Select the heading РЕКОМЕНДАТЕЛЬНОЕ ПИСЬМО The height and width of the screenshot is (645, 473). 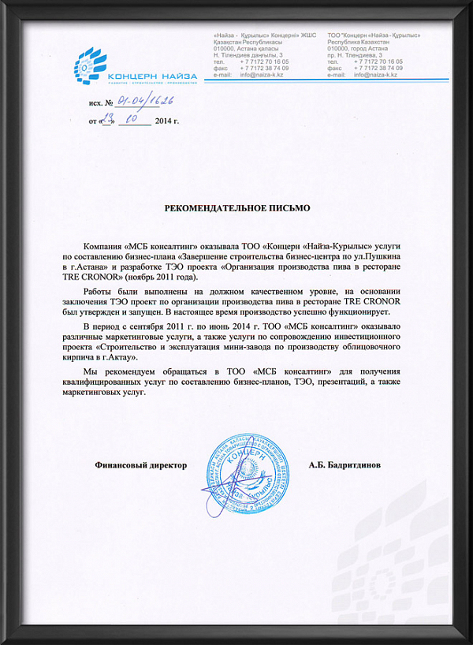pyautogui.click(x=236, y=208)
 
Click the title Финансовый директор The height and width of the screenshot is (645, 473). pyautogui.click(x=140, y=465)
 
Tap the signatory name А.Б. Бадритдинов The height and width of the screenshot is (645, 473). pyautogui.click(x=345, y=465)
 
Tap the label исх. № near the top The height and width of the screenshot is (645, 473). pyautogui.click(x=101, y=103)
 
